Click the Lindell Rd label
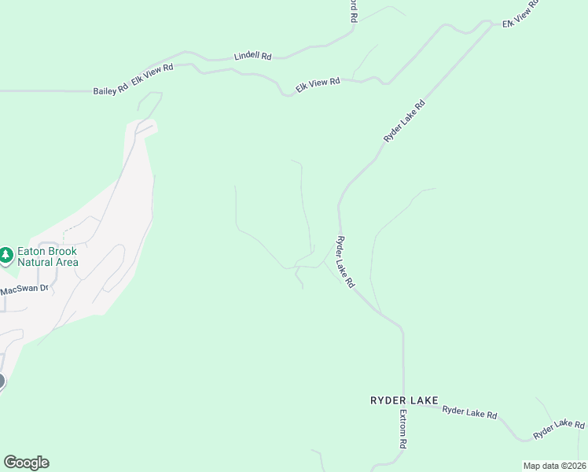(252, 57)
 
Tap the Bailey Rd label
(110, 90)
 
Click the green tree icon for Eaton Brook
(6, 255)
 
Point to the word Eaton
(31, 251)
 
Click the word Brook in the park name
(62, 251)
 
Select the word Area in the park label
(67, 262)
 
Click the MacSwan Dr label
(24, 289)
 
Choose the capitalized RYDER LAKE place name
(403, 400)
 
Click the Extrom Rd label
(402, 429)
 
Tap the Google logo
(26, 463)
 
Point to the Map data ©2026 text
(554, 466)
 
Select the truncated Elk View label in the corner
(521, 14)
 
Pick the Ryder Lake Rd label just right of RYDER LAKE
(469, 411)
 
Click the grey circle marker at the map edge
(1, 382)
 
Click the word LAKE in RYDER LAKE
(424, 400)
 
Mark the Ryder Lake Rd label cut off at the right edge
(559, 429)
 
